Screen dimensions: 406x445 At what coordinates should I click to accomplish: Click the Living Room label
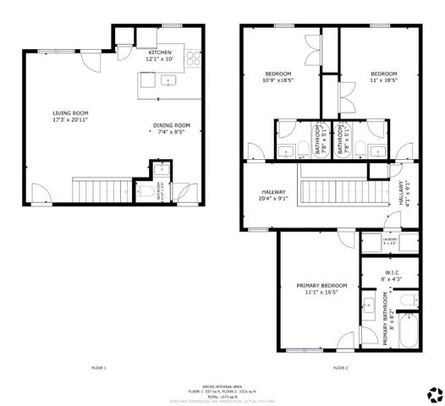pos(71,117)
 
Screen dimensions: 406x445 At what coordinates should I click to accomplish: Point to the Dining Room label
pos(172,129)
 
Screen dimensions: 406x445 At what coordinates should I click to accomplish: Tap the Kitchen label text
pos(159,55)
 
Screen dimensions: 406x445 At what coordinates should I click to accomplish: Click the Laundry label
pos(389,241)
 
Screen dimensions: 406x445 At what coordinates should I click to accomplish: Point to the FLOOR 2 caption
pos(341,369)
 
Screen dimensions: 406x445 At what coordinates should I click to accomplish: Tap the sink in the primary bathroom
pos(369,304)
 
